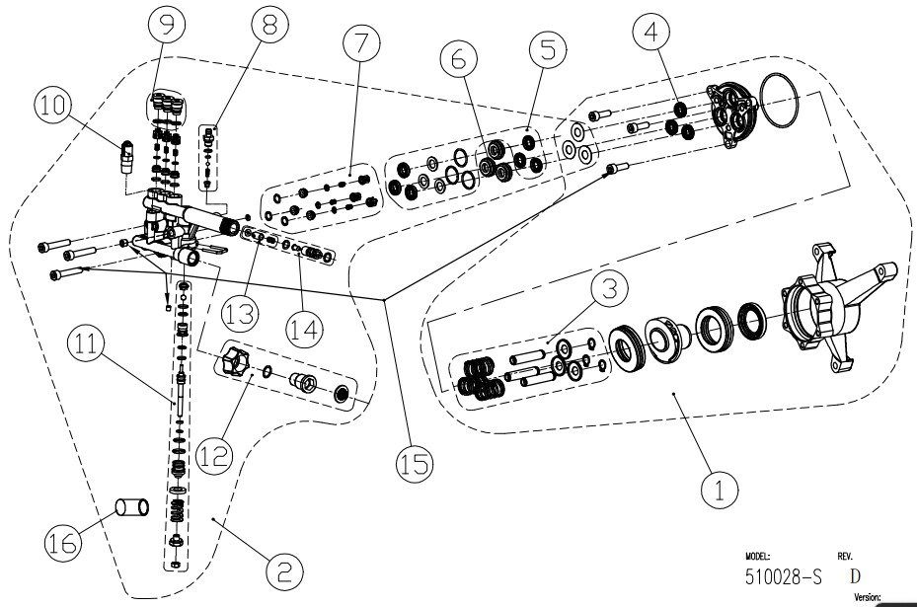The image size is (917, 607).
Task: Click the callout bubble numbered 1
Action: click(720, 488)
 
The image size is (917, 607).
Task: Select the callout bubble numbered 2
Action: click(282, 570)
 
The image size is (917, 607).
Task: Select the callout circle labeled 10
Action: click(54, 103)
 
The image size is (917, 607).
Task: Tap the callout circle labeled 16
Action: click(65, 540)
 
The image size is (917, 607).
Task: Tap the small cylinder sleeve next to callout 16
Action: click(132, 508)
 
